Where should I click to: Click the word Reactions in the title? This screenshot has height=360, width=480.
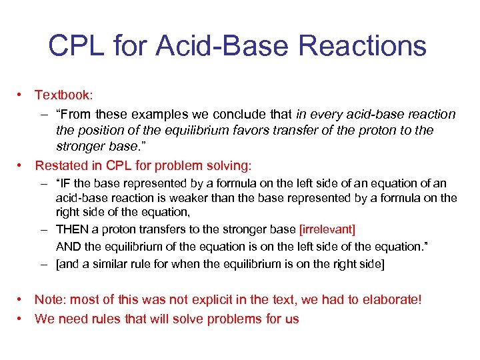click(x=363, y=46)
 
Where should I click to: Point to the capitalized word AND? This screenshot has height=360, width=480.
click(x=68, y=246)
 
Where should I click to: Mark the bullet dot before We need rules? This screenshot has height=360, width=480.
click(x=21, y=319)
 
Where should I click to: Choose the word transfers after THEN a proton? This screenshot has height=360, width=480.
click(x=165, y=229)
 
